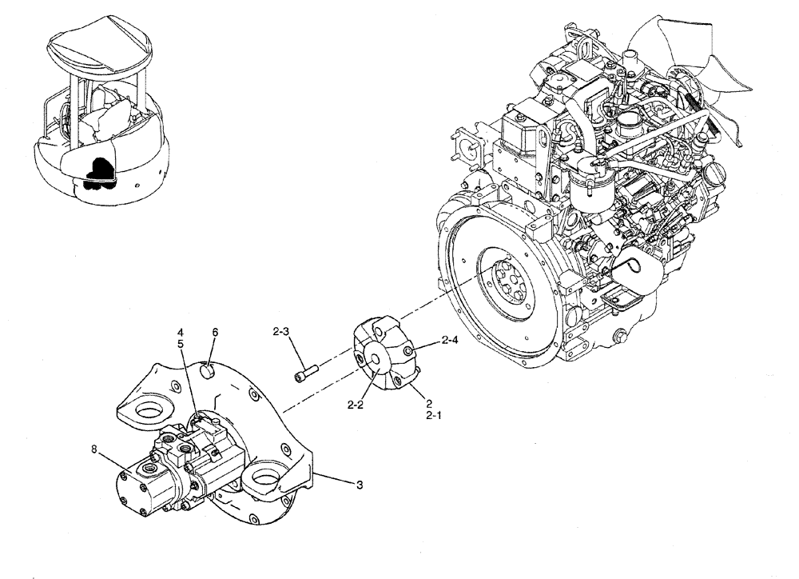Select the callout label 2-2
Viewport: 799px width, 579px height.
pos(356,405)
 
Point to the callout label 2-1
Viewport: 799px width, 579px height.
pos(433,416)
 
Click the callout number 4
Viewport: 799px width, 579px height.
pos(181,332)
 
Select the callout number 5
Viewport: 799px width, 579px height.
pos(181,344)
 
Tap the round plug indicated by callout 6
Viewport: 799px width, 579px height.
pos(208,370)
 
